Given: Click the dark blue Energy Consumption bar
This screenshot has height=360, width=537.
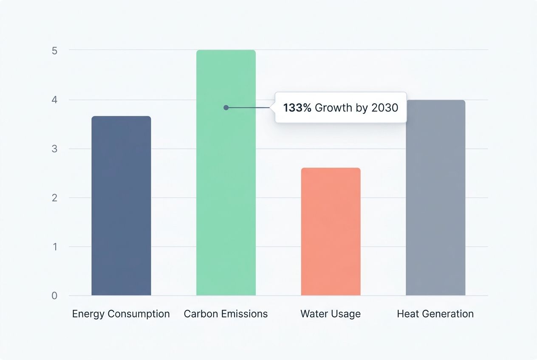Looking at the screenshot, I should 121,206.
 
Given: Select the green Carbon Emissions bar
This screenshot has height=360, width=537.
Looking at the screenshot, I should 226,191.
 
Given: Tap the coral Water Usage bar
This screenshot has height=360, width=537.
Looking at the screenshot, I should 331,231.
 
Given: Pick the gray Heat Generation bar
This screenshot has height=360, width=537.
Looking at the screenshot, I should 435,197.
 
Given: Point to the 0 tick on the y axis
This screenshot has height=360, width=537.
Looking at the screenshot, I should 54,296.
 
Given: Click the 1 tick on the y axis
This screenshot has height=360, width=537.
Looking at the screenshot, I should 54,247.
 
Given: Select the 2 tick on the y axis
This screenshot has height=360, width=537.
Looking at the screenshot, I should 54,198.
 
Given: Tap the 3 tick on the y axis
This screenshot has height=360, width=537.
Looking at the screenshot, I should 54,149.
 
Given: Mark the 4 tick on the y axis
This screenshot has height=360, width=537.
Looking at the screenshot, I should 54,100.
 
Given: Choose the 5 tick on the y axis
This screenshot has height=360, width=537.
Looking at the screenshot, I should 54,51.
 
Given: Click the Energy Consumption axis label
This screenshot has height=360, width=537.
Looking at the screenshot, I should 121,314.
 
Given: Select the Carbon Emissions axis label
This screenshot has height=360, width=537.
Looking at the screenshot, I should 226,314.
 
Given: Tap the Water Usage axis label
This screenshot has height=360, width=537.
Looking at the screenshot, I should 331,314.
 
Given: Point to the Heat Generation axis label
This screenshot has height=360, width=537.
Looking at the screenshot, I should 435,314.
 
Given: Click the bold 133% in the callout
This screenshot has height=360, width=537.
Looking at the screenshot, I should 297,108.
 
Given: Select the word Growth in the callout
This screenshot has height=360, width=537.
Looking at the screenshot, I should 334,108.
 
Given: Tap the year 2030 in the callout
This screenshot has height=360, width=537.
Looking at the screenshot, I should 384,108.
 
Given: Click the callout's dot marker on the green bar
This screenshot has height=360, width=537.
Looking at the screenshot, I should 226,108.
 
